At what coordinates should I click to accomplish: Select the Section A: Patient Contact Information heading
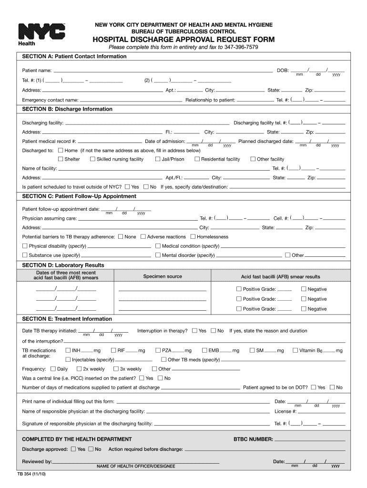[74, 57]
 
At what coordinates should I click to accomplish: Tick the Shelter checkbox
[61, 159]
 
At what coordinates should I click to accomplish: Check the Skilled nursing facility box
[92, 159]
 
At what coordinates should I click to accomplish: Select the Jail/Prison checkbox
[158, 159]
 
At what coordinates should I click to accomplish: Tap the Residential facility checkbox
[197, 159]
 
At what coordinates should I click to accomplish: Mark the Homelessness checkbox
[193, 236]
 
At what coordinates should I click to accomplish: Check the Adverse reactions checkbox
[143, 236]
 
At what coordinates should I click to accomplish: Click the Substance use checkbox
[25, 255]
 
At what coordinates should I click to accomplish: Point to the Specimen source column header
[163, 276]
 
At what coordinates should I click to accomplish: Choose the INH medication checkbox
[68, 350]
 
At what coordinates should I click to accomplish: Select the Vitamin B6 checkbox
[295, 350]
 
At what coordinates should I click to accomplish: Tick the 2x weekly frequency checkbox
[79, 368]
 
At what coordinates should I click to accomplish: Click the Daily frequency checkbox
[53, 368]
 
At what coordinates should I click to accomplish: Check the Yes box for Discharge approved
[73, 449]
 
